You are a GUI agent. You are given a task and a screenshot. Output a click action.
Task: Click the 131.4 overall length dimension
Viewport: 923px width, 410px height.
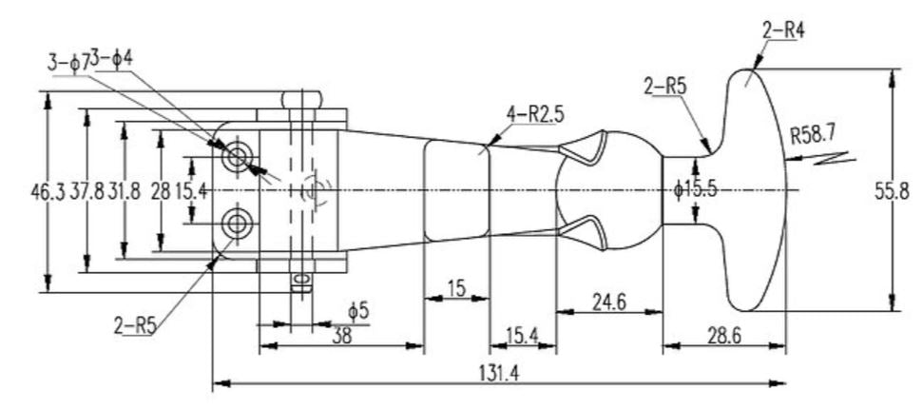click(501, 372)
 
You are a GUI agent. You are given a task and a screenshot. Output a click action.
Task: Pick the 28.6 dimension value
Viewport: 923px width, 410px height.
click(724, 336)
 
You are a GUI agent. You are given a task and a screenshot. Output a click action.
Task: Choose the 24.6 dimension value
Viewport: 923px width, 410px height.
click(607, 303)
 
